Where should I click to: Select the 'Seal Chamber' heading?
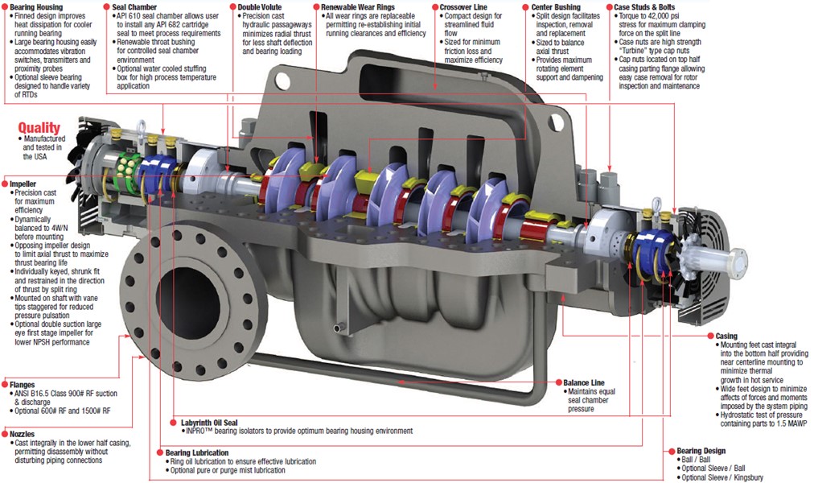[x=137, y=6]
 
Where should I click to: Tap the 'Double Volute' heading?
[x=261, y=6]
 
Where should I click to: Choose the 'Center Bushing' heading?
[x=556, y=6]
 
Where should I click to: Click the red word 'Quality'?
[x=39, y=127]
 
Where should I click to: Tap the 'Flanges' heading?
[x=22, y=385]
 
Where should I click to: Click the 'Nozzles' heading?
[x=23, y=432]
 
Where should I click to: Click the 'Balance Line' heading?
[x=588, y=382]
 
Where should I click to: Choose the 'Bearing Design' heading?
[x=701, y=451]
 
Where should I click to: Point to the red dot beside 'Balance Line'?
[x=557, y=382]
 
